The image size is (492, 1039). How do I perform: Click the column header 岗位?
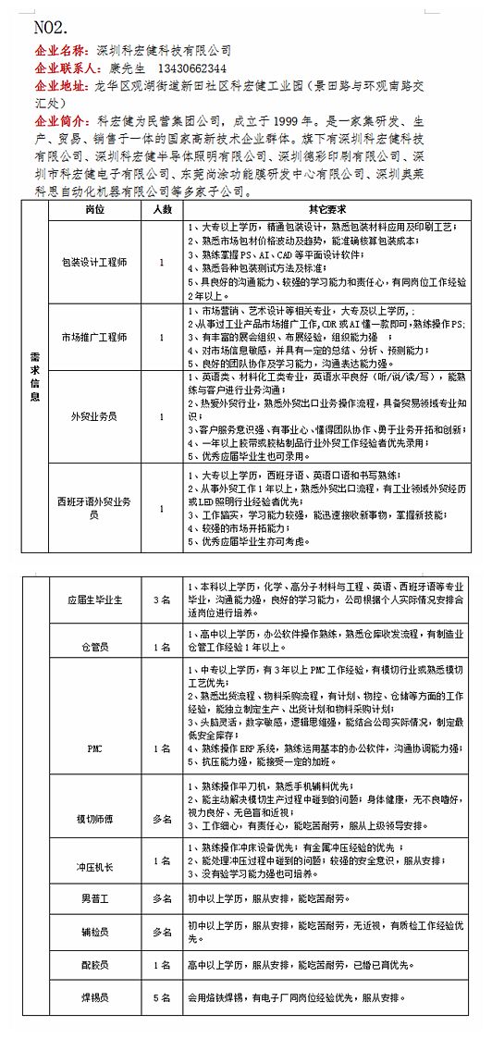point(94,210)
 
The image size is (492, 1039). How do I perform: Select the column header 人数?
point(162,210)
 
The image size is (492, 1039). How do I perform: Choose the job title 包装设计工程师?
point(94,262)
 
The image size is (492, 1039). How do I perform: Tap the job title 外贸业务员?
point(94,416)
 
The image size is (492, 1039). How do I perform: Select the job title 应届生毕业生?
point(94,600)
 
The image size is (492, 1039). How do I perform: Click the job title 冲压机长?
point(94,860)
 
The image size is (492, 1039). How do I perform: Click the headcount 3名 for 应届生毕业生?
point(162,600)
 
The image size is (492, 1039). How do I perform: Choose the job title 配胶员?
point(94,964)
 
